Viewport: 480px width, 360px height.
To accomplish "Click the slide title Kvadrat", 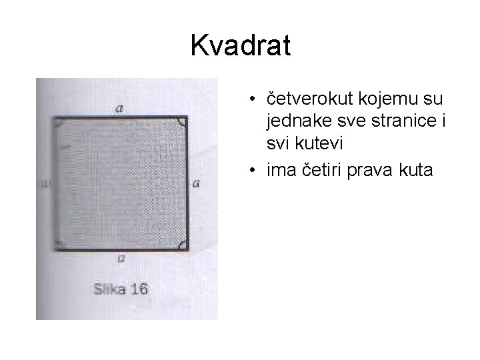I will coord(240,46).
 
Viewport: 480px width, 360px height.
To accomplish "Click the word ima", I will coord(279,171).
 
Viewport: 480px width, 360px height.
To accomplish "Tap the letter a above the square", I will coord(119,108).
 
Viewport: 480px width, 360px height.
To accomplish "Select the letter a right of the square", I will coord(195,183).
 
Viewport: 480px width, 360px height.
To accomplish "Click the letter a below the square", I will coord(120,258).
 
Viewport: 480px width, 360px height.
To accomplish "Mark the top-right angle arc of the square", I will coord(182,123).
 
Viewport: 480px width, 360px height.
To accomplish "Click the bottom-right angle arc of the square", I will coord(182,244).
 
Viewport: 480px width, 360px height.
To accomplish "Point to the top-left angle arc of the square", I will coord(58,123).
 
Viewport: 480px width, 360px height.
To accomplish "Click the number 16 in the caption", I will coord(138,290).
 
